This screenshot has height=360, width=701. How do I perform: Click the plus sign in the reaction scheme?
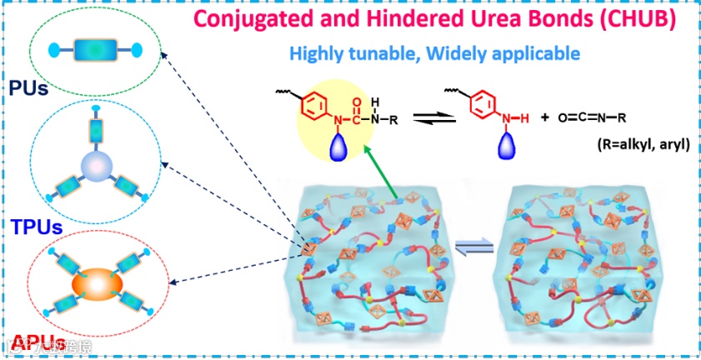click(x=544, y=117)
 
